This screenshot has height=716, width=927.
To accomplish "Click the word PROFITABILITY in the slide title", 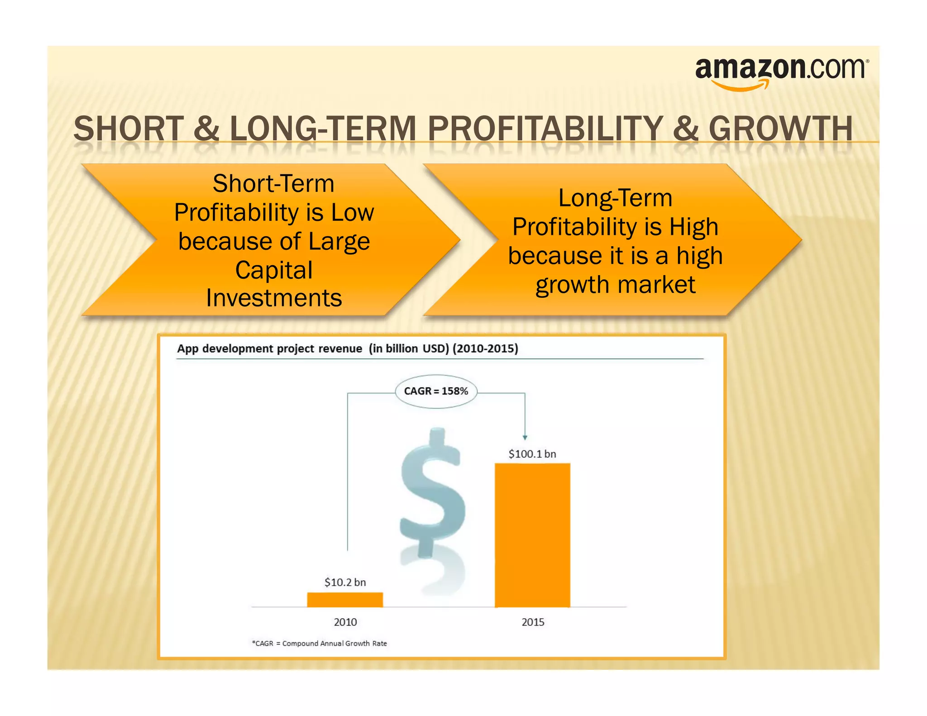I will [545, 129].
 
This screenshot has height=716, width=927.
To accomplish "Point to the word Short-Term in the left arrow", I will [273, 184].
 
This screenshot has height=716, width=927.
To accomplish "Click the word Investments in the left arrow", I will [274, 298].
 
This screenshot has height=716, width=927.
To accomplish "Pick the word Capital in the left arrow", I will [274, 270].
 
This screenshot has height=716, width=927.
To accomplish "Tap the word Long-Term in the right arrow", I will [615, 198].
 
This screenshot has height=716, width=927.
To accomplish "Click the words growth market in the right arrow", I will [615, 285].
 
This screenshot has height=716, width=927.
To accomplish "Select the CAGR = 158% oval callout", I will [436, 391].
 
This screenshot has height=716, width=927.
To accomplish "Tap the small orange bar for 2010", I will [345, 600].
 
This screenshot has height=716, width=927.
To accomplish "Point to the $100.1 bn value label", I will [532, 454].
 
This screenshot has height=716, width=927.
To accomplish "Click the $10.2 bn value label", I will [345, 582].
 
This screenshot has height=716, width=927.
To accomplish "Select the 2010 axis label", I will [345, 622].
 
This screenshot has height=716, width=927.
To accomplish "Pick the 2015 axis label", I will [533, 622].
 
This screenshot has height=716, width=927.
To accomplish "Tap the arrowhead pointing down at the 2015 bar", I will [525, 437].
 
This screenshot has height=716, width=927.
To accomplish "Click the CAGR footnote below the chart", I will [320, 644].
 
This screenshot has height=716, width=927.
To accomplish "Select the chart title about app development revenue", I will [348, 349].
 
